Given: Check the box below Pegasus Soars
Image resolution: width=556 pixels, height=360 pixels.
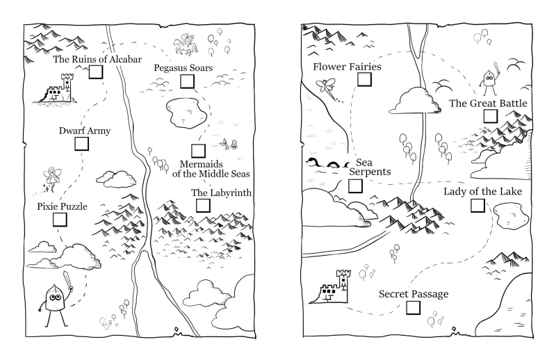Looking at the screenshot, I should (186, 81).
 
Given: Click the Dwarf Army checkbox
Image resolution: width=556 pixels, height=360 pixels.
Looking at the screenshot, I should (82, 143).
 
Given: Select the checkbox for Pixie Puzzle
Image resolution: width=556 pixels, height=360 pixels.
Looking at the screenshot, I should (60, 219).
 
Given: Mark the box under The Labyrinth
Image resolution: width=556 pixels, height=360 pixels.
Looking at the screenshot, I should (203, 205).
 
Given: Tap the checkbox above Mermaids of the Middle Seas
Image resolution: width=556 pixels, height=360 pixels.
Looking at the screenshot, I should (198, 150).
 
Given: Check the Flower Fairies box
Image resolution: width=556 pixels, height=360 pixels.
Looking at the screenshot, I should (363, 79).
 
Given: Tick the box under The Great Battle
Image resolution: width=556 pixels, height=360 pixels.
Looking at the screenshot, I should (490, 116).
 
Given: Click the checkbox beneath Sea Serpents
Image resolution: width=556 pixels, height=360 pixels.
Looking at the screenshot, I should (354, 186).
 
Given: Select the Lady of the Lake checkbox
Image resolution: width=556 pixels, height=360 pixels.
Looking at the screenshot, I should (477, 205).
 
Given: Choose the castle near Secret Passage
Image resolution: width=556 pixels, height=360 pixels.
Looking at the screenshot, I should (333, 287).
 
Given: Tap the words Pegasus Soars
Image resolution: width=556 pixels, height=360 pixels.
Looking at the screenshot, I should (184, 68).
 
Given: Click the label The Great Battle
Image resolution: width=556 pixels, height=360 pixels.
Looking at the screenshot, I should (488, 104).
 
